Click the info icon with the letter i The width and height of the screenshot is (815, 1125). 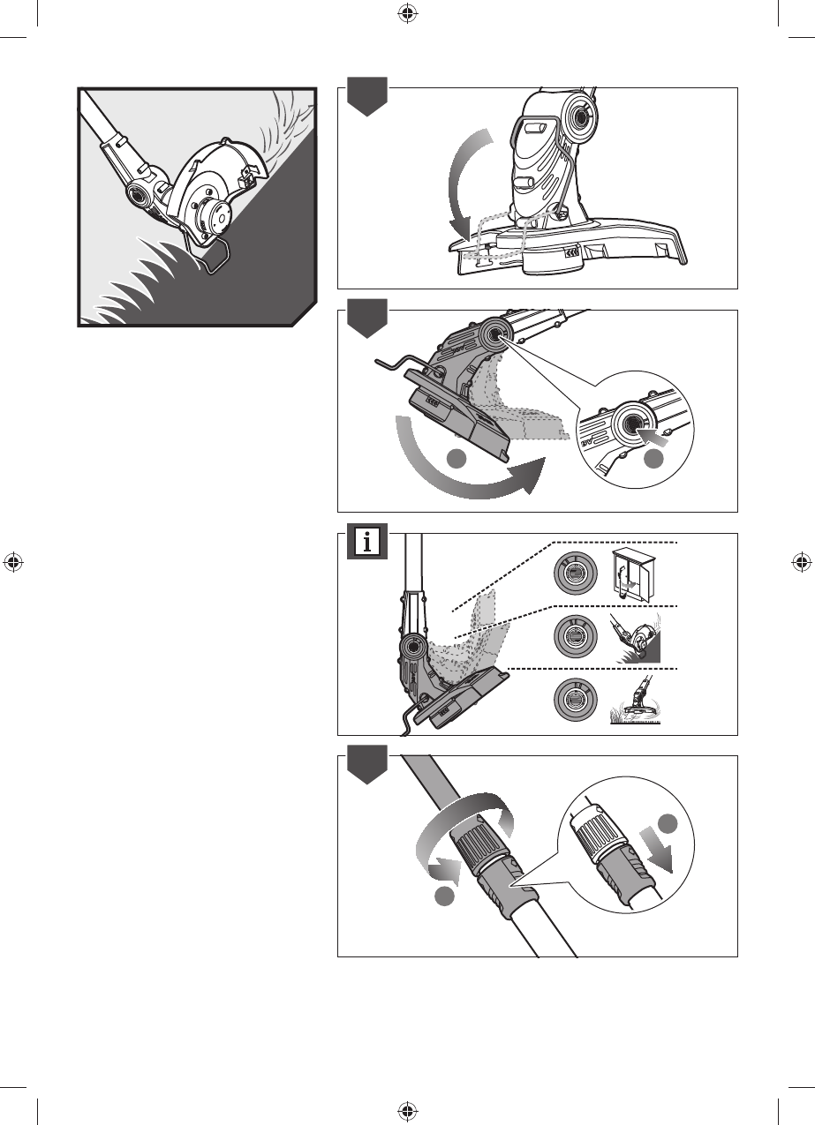(366, 543)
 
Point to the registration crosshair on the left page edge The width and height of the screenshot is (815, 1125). (13, 562)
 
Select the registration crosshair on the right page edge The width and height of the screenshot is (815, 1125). (801, 562)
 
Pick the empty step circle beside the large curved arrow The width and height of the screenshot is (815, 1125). (456, 459)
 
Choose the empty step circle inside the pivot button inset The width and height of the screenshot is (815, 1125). (653, 459)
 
